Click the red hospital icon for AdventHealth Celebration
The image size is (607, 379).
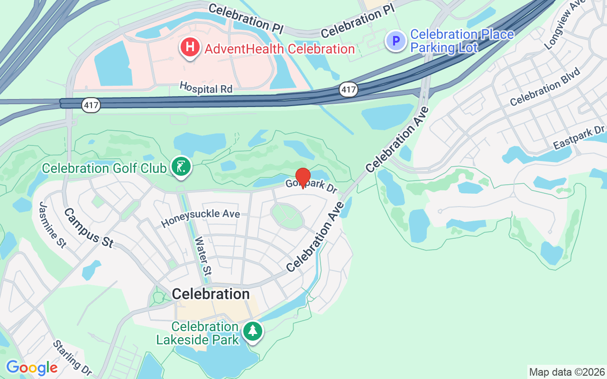[x=190, y=47]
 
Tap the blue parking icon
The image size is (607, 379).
[x=395, y=41]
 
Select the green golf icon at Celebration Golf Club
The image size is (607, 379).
[x=181, y=167]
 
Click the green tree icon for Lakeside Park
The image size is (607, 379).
[x=252, y=331]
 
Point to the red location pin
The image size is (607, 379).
[x=303, y=177]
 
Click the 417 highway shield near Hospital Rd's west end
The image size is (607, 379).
[x=91, y=105]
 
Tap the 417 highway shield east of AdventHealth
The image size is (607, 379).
[x=348, y=89]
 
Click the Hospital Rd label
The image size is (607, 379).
[x=206, y=88]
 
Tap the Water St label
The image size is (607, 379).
[x=203, y=256]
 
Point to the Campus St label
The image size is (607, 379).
[x=89, y=227]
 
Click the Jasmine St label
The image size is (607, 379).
[x=52, y=224]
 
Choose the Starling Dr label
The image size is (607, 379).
[x=72, y=357]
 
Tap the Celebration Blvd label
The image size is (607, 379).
[x=545, y=88]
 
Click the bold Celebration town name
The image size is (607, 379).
[x=211, y=294]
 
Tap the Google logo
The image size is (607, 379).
[x=32, y=368]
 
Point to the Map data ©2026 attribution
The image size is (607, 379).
[x=567, y=372]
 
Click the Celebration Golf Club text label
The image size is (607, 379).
[x=104, y=168]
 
